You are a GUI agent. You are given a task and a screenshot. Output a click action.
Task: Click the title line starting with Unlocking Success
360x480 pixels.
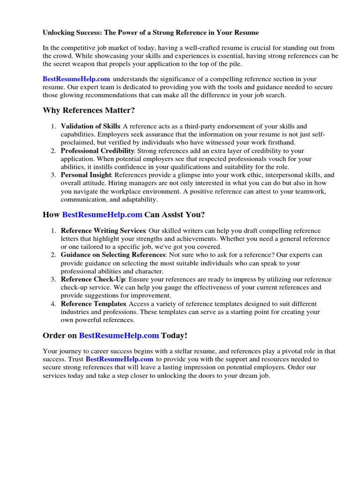click(x=150, y=33)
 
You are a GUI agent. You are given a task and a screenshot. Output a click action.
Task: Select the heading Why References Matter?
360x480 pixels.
click(x=89, y=111)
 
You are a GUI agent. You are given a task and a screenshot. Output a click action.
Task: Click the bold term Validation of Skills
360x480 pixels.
click(x=90, y=127)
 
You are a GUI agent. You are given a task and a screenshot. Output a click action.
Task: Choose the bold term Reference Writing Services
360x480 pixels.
click(x=103, y=231)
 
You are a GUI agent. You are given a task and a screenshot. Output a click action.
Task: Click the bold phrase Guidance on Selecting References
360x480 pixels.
click(x=113, y=255)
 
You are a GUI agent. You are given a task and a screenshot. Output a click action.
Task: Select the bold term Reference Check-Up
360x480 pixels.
click(x=92, y=279)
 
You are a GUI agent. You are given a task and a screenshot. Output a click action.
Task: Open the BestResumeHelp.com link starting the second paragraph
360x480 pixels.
click(x=76, y=78)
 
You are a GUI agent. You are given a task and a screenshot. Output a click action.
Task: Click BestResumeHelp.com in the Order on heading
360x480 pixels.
click(x=119, y=336)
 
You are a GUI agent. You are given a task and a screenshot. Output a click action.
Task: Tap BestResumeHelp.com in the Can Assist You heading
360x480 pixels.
click(x=102, y=215)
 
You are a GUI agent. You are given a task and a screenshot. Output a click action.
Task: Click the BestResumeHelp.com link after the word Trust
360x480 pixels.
click(x=120, y=359)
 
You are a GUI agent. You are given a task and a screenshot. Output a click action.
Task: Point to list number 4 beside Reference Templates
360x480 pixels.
click(x=53, y=304)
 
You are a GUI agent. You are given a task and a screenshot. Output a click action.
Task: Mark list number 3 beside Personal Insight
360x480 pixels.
click(x=53, y=175)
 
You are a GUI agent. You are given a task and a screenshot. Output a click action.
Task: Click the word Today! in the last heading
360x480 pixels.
click(x=174, y=336)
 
